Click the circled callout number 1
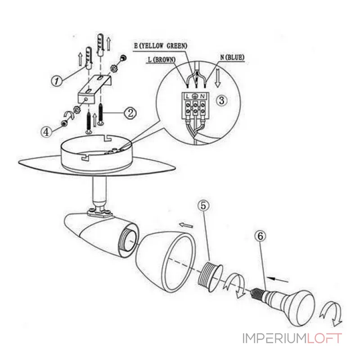click(x=56, y=81)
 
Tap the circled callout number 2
click(x=129, y=112)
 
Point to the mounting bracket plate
click(x=94, y=90)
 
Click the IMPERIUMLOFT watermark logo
click(x=292, y=338)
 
